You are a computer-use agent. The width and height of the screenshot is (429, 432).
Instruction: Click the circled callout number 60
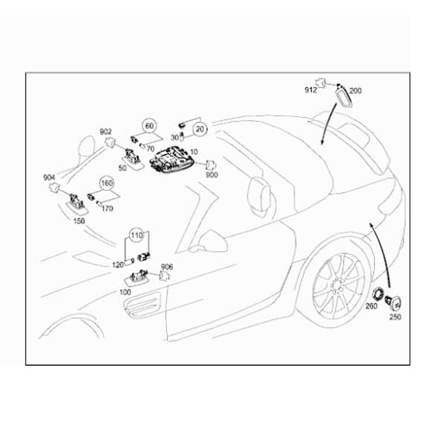(149, 126)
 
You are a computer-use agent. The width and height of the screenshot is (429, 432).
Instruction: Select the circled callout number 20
(200, 129)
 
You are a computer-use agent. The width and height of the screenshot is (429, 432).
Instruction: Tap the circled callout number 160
(107, 183)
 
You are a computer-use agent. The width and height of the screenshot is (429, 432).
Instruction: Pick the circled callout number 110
(137, 235)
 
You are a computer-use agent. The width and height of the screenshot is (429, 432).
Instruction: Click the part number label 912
(311, 90)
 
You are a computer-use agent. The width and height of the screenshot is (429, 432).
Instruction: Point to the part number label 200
(355, 91)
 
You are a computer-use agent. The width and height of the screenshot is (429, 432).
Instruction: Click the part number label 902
(106, 132)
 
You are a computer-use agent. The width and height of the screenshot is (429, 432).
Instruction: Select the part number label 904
(49, 178)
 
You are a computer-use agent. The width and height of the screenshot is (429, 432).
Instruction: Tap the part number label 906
(167, 267)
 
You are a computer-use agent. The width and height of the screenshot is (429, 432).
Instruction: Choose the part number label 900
(212, 175)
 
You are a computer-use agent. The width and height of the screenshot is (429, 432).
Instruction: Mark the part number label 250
(395, 317)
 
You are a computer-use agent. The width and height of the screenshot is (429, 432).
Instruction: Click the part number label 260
(371, 306)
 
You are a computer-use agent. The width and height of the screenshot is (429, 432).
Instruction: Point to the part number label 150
(79, 221)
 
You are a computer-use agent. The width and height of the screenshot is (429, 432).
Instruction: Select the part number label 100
(125, 292)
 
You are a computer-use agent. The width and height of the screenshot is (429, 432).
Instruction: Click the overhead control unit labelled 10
(171, 161)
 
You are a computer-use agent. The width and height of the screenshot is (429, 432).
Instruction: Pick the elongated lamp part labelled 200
(344, 96)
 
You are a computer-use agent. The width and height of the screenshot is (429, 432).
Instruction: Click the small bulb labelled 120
(130, 261)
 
